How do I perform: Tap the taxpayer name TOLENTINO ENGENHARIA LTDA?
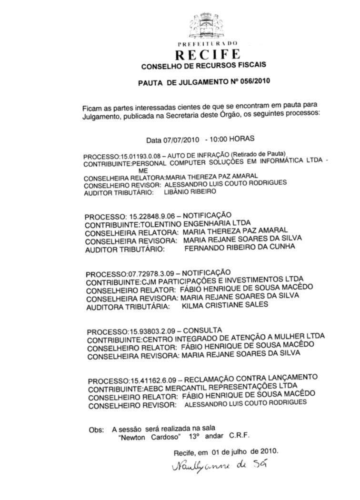195,224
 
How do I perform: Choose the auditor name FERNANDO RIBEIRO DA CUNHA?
239,247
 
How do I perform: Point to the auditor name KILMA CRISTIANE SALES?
225,305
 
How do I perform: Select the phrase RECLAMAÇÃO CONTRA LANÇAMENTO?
250,378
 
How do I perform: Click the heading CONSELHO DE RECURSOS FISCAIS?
204,66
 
